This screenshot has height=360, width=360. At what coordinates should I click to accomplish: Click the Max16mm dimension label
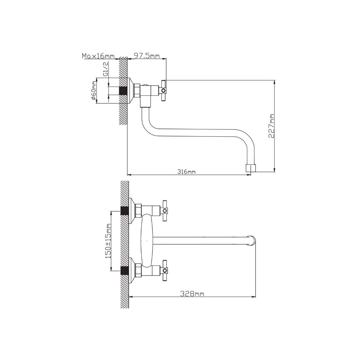pos(98,56)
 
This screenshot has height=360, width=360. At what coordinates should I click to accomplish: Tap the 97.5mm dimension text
pos(147,56)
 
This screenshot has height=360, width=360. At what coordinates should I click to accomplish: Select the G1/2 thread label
pos(106,69)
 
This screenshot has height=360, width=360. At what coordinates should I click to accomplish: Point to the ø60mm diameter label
pos(94,91)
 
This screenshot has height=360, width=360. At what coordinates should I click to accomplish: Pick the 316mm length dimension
pos(186,172)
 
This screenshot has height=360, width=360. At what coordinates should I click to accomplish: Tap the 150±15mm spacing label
pos(108,241)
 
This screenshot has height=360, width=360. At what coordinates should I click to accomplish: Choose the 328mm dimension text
pos(192,294)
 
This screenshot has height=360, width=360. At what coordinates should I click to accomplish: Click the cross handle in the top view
pos(164,91)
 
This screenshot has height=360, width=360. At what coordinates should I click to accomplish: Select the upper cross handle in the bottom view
pos(165,211)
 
